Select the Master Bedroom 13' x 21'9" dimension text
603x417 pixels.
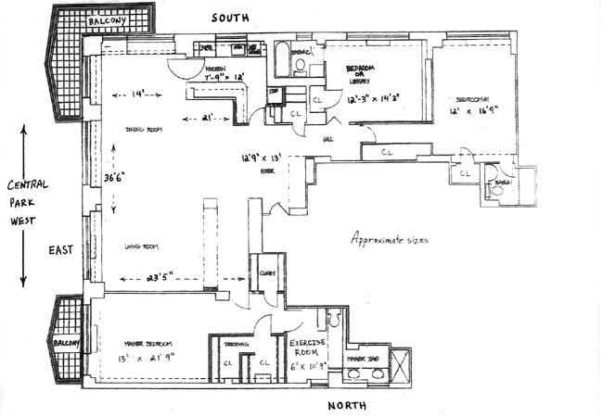click(145, 357)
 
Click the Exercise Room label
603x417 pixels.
click(310, 347)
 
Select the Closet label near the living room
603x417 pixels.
click(266, 273)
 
